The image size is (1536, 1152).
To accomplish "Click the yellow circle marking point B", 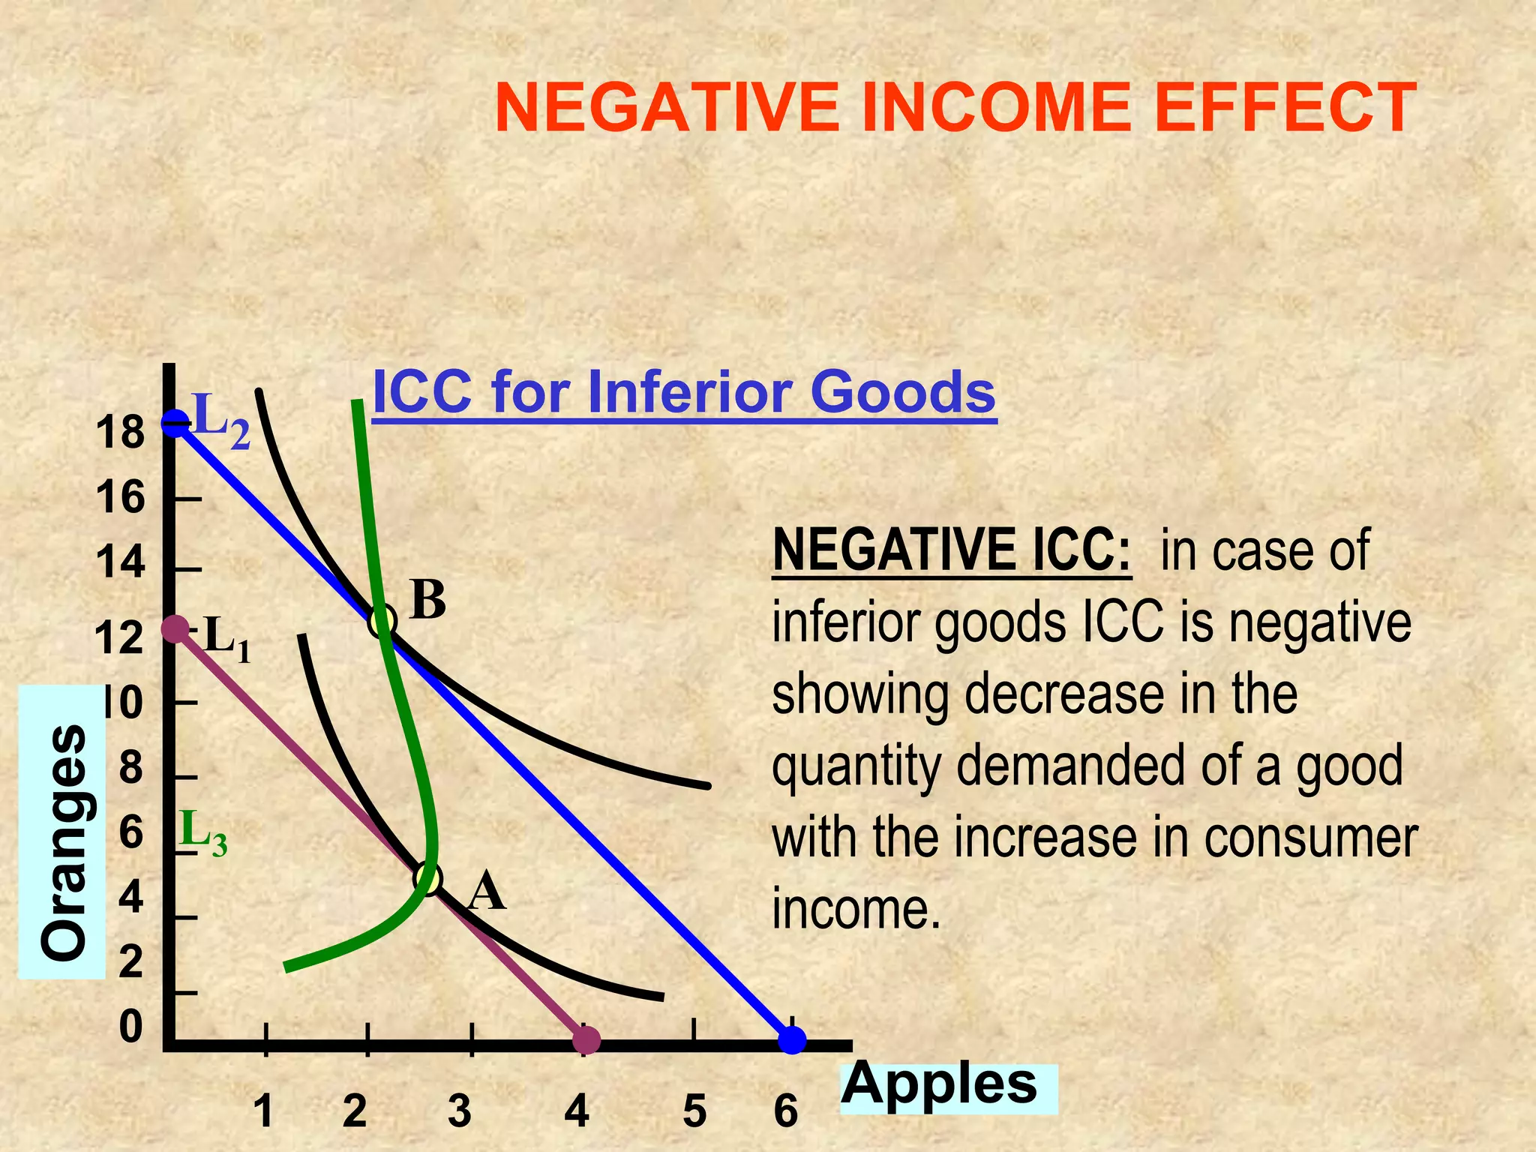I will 382,621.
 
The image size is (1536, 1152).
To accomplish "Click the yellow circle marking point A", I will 427,878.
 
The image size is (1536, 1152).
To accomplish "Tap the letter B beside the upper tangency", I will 428,601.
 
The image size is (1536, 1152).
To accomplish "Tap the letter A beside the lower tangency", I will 486,891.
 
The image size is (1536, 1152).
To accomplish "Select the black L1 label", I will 226,638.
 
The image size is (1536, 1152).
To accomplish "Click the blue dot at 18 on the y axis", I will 175,423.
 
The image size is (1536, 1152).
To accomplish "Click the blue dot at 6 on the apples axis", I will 792,1039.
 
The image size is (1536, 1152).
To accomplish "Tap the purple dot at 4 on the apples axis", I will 586,1039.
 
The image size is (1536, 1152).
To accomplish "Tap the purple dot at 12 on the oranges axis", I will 175,628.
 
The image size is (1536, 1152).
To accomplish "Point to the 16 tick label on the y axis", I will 120,497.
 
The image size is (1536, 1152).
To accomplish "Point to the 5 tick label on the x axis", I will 694,1111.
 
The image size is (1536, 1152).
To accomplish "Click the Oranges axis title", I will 64,843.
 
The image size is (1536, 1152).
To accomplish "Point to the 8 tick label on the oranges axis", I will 130,768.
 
